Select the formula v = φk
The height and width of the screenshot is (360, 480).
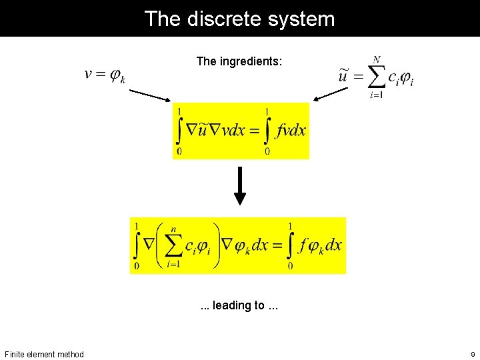(105, 75)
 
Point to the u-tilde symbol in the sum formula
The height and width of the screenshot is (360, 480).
(343, 76)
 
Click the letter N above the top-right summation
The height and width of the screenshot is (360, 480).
(377, 59)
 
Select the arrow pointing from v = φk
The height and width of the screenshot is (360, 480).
(149, 95)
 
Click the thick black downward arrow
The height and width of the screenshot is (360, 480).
(240, 187)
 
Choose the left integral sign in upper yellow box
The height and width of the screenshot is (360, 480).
(179, 131)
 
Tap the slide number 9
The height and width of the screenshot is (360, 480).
(472, 354)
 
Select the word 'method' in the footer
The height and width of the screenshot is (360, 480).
(70, 354)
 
